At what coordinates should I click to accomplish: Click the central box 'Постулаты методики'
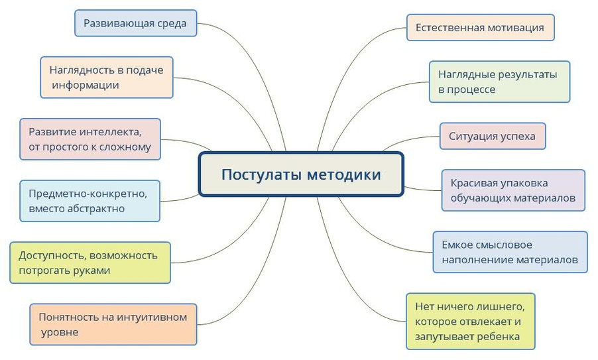click(x=301, y=174)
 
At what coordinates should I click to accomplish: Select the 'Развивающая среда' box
click(x=135, y=23)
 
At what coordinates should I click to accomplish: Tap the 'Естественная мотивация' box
click(x=480, y=27)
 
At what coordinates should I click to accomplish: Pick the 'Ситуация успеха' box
click(x=493, y=136)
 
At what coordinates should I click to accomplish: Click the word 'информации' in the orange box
click(x=86, y=85)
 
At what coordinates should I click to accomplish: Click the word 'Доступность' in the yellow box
click(x=52, y=255)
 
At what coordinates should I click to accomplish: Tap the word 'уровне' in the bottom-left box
click(x=60, y=332)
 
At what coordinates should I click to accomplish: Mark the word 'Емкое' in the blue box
click(x=458, y=245)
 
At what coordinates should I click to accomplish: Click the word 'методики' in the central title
click(x=343, y=174)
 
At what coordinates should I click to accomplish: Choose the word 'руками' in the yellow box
click(x=91, y=270)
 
